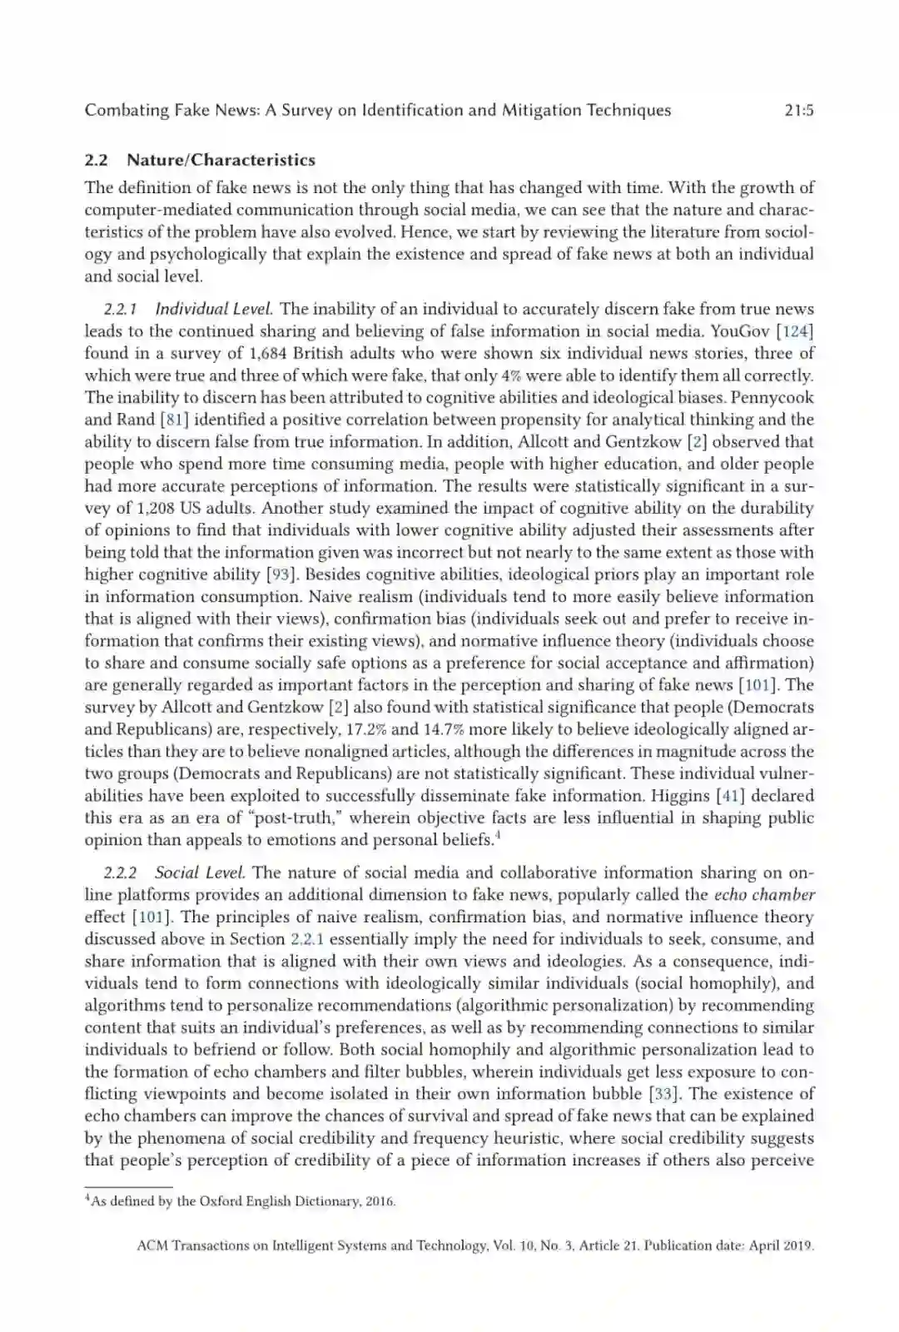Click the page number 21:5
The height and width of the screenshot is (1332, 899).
(x=798, y=110)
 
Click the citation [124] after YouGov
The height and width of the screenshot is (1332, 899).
(x=795, y=331)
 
